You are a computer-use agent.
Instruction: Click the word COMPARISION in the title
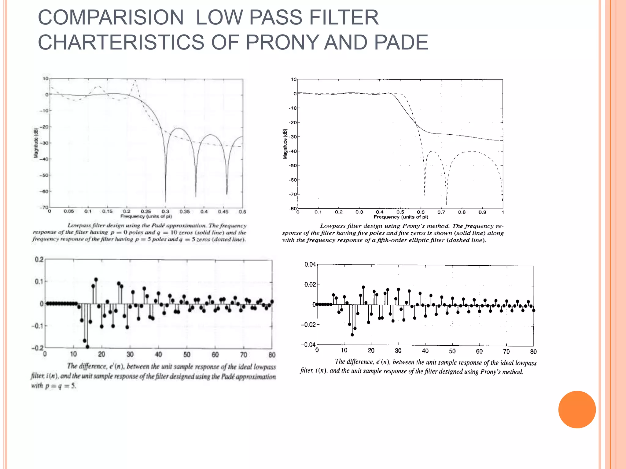click(111, 17)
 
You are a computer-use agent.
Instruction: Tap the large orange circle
click(577, 409)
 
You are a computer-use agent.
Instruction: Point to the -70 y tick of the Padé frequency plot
click(45, 208)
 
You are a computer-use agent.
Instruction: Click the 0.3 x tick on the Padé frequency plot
click(165, 211)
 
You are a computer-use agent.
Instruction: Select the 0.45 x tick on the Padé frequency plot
click(223, 211)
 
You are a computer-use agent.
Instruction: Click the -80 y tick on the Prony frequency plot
click(293, 209)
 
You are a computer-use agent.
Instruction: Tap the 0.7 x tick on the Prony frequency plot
click(441, 212)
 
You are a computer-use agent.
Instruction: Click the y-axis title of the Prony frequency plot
click(285, 144)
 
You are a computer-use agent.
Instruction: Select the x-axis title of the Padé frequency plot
click(146, 216)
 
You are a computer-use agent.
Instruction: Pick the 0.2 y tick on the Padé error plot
click(39, 260)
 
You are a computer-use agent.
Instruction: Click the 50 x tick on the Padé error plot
click(187, 354)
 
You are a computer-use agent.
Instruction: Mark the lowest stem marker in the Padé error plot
click(87, 347)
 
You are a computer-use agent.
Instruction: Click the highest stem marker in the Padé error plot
click(96, 279)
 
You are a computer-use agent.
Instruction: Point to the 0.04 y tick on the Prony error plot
click(310, 264)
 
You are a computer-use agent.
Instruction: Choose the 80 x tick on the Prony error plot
click(533, 352)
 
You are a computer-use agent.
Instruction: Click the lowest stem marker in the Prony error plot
click(352, 335)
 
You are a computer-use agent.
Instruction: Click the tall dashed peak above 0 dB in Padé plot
click(135, 82)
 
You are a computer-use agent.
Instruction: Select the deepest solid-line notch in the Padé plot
click(166, 202)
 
